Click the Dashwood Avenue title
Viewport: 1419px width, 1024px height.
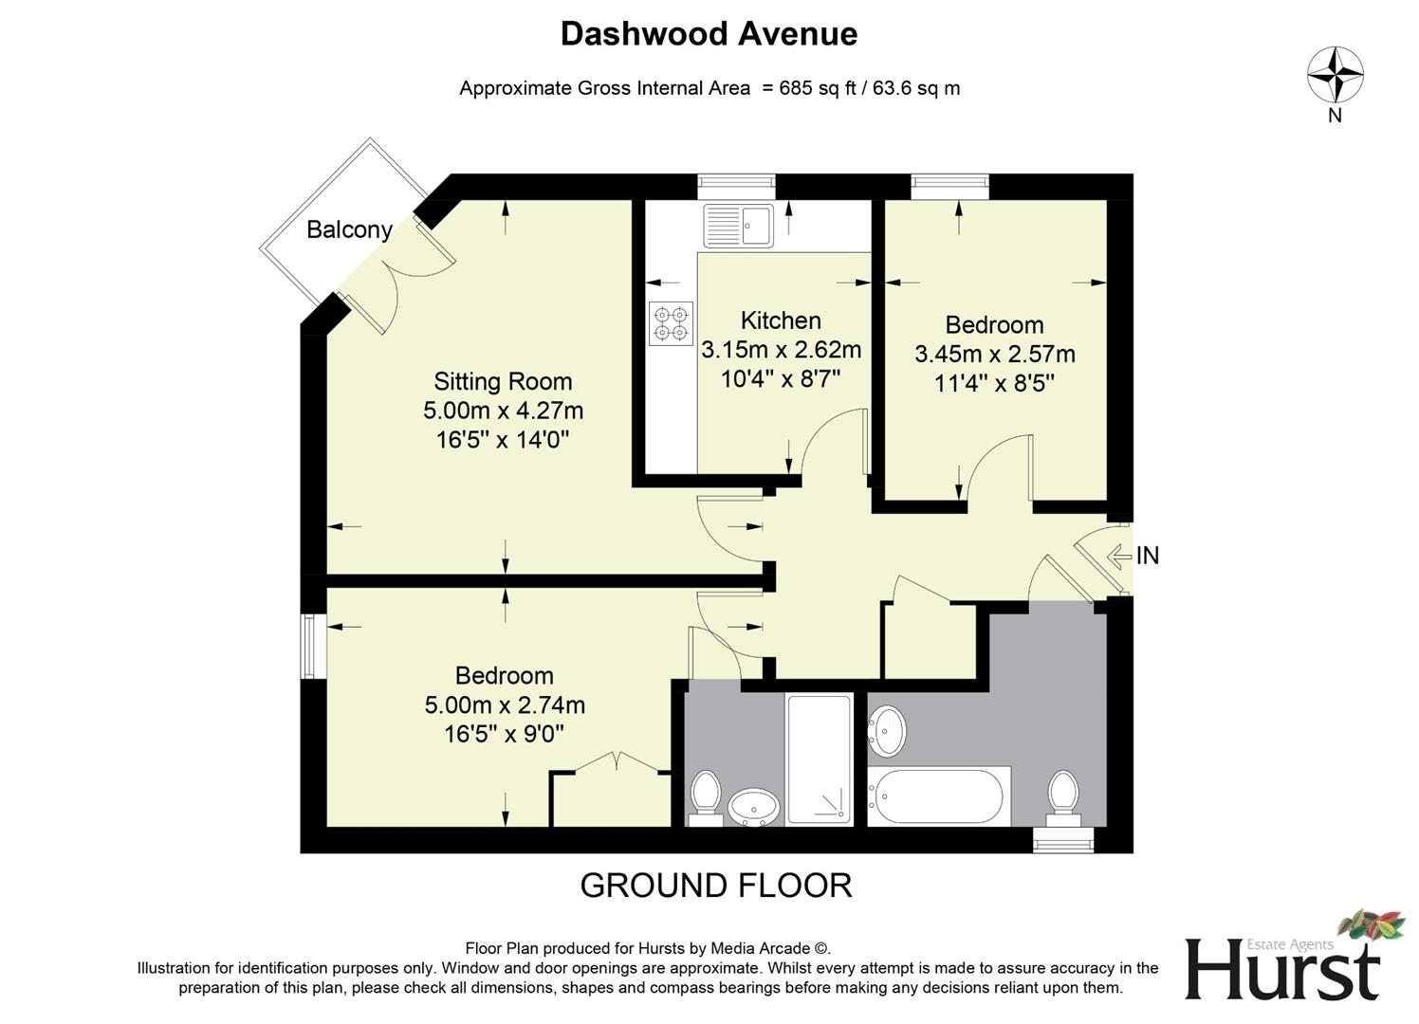[709, 34]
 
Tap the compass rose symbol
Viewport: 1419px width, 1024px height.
[1335, 75]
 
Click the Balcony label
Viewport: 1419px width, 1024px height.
[349, 229]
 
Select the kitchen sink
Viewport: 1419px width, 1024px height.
[739, 225]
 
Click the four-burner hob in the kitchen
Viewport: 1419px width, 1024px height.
[672, 323]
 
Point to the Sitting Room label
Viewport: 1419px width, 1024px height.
[503, 381]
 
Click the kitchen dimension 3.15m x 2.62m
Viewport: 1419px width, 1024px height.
[781, 350]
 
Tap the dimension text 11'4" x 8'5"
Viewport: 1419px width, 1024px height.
[994, 383]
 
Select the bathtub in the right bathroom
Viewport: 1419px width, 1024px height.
[937, 795]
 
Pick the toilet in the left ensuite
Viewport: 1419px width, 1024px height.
[705, 796]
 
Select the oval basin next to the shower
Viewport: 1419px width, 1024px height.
[754, 807]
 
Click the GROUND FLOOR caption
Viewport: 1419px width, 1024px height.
[715, 886]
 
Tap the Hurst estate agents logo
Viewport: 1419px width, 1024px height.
[1282, 960]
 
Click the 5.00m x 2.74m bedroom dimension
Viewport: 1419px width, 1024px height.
[504, 705]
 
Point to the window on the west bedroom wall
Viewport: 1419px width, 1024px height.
[310, 647]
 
